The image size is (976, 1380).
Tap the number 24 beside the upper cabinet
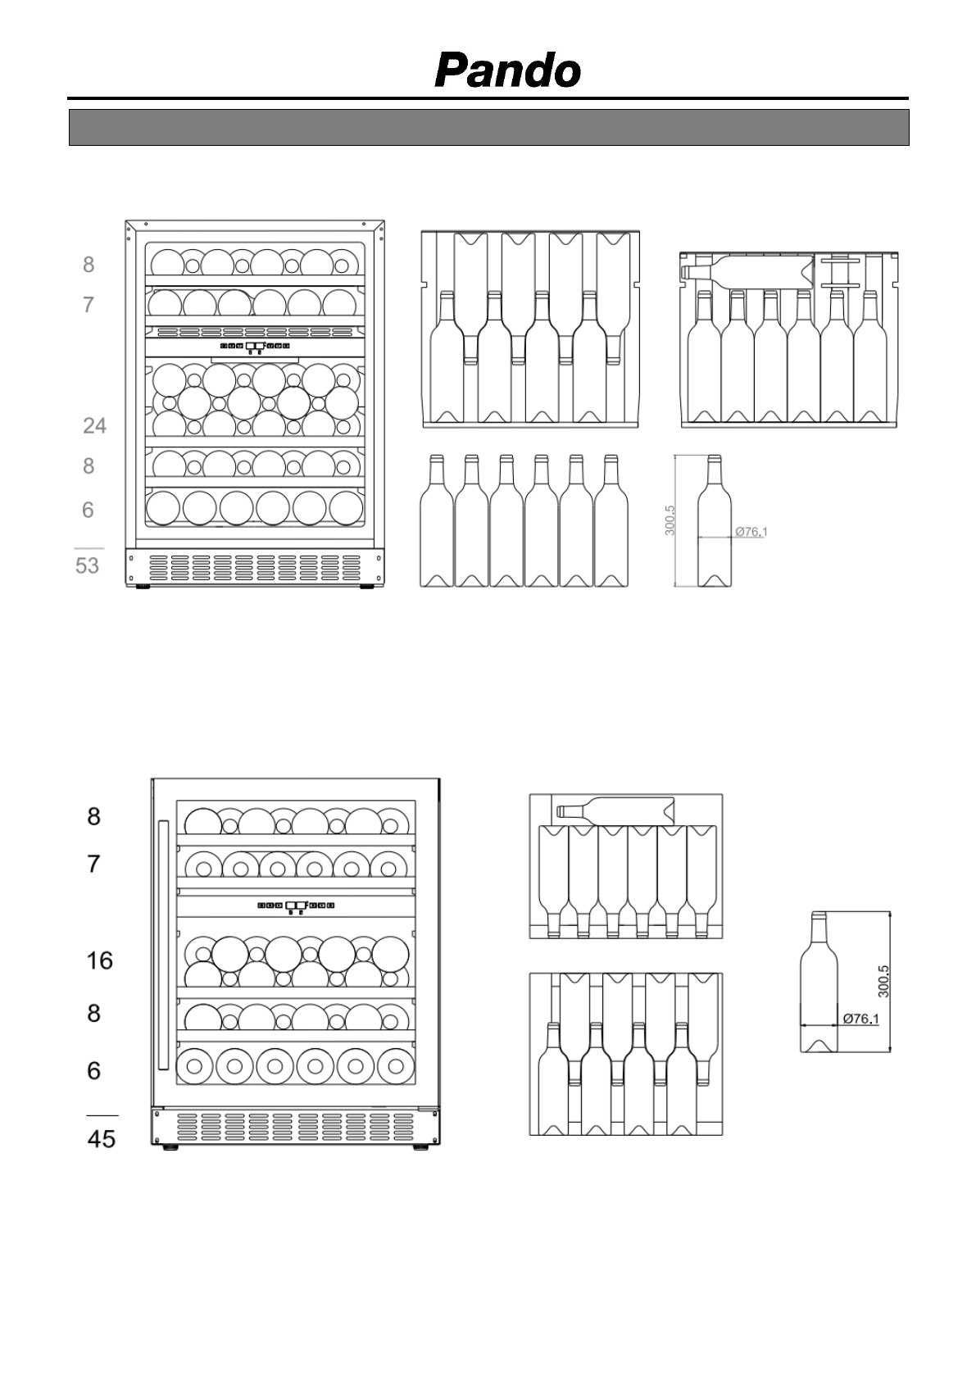tap(94, 425)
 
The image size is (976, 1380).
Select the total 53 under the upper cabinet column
tap(88, 565)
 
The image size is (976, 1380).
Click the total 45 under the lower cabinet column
tap(102, 1138)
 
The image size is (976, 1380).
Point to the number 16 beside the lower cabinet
tap(100, 960)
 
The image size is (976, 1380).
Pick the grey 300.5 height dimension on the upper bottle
tap(670, 520)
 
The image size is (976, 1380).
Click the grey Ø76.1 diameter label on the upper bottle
tap(751, 532)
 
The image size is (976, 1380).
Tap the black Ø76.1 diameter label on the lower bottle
tap(860, 1019)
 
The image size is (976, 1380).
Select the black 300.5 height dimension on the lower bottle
tap(883, 981)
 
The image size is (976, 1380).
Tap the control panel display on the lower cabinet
tap(296, 906)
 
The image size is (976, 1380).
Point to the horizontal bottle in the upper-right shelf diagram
tap(747, 271)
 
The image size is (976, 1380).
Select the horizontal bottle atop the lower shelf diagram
tap(615, 810)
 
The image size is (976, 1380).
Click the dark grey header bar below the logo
tap(488, 127)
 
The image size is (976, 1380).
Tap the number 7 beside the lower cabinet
tap(94, 863)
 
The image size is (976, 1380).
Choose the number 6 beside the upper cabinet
tap(89, 510)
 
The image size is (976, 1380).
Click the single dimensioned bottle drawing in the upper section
tap(714, 521)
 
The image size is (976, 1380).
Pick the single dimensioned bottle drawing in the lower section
tap(819, 981)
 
